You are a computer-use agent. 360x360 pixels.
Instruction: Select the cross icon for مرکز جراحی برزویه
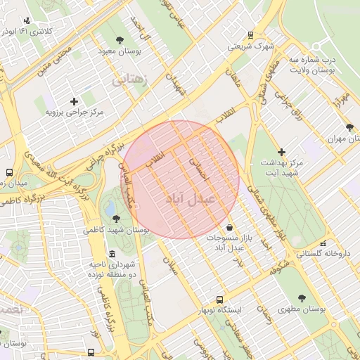tap(74, 101)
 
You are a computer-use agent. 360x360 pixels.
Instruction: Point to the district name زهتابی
tap(131, 82)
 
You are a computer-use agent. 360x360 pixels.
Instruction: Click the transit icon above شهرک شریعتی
tap(250, 35)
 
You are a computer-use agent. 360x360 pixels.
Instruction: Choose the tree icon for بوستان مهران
tap(349, 127)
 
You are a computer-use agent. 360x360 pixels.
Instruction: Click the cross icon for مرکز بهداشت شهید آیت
tap(281, 151)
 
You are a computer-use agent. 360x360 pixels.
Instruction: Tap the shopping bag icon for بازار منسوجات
tap(231, 227)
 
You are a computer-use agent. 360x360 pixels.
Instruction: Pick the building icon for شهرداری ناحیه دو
tap(112, 255)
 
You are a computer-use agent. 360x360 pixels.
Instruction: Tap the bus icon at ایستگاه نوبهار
tap(219, 299)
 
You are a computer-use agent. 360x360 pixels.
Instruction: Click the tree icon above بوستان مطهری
tap(302, 298)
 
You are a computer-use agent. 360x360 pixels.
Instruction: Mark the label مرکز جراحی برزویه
tap(75, 112)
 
